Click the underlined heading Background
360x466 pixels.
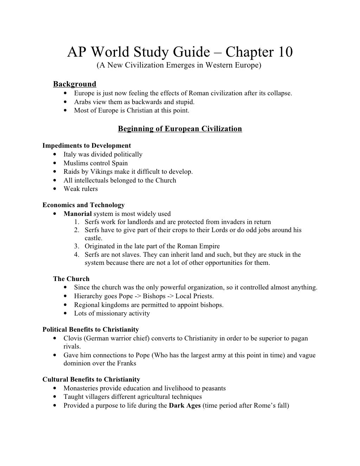(x=75, y=84)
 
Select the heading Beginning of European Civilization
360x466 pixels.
(x=180, y=129)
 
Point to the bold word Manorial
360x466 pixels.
(x=77, y=213)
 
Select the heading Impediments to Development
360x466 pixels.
(x=86, y=146)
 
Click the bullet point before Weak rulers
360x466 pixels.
(x=55, y=189)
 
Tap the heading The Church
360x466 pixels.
(x=71, y=279)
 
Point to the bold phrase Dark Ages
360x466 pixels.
(x=185, y=406)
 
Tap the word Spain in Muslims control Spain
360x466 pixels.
(x=120, y=163)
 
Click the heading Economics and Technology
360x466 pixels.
(x=83, y=205)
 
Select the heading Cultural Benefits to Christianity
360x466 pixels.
(x=91, y=379)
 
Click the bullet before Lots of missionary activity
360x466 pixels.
(x=66, y=313)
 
